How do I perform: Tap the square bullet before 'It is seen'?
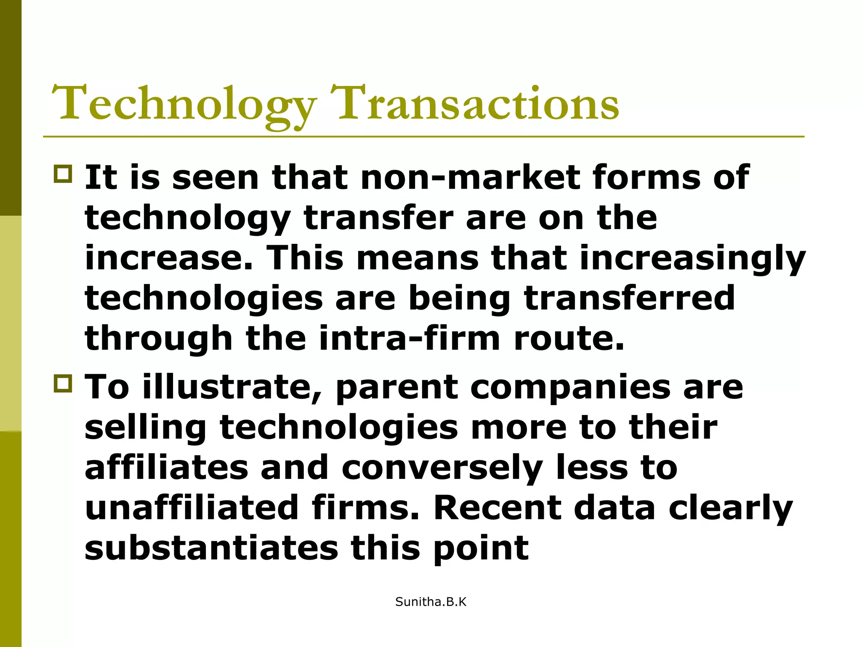coord(63,174)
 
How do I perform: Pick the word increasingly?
coord(692,258)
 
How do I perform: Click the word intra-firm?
coord(410,339)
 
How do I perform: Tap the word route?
coord(569,339)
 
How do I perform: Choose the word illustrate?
coord(231,388)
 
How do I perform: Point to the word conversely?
coord(442,468)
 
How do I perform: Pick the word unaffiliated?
coord(192,508)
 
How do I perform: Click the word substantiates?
coord(211,548)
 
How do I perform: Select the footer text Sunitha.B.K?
coord(431,602)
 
